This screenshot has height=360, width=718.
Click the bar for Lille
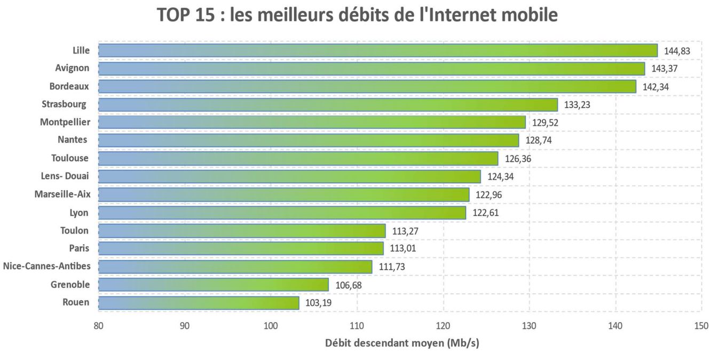click(x=378, y=51)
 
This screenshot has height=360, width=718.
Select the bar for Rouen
click(x=199, y=303)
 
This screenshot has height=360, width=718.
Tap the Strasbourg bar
click(x=328, y=105)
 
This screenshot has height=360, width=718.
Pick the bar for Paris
click(x=241, y=248)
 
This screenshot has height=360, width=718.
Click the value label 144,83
click(x=677, y=51)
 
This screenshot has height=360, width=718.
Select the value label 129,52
click(x=545, y=123)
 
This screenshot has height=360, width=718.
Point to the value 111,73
click(x=392, y=267)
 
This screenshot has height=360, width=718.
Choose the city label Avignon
click(x=72, y=68)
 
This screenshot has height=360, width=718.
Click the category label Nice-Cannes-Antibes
click(x=46, y=266)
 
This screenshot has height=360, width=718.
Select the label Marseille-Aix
click(x=62, y=194)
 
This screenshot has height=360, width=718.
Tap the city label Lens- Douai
click(x=65, y=176)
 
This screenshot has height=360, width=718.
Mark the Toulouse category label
click(x=70, y=158)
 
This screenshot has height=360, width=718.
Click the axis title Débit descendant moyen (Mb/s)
click(x=402, y=343)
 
